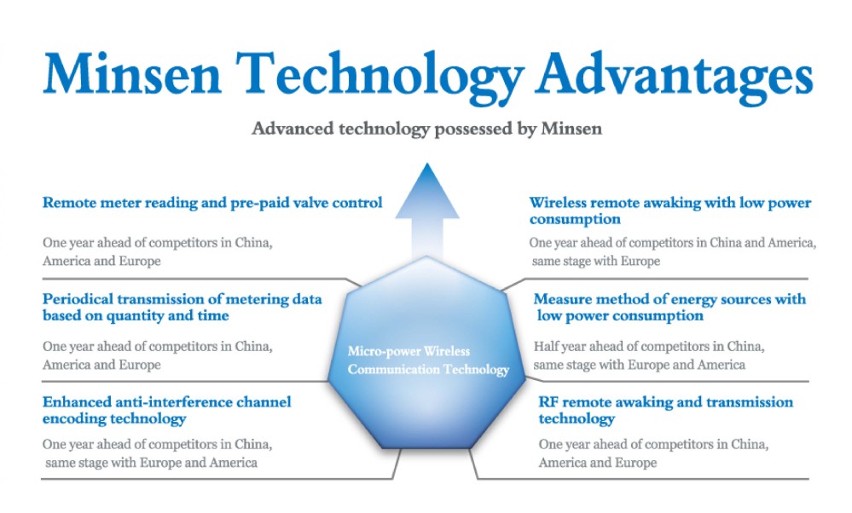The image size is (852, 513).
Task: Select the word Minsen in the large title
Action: (132, 73)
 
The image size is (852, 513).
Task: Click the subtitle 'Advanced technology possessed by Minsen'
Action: (426, 129)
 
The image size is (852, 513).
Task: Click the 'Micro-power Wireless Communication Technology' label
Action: (428, 360)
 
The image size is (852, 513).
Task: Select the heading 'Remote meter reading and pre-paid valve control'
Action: (212, 203)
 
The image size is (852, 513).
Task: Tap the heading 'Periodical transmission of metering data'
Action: (182, 299)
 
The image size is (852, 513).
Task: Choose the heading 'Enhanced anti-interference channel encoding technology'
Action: (167, 410)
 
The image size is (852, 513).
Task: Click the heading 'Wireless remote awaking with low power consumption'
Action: (670, 210)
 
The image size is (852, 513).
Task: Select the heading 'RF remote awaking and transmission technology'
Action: (665, 410)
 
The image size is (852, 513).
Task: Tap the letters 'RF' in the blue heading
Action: (548, 402)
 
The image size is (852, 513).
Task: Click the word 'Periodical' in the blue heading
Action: (77, 299)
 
